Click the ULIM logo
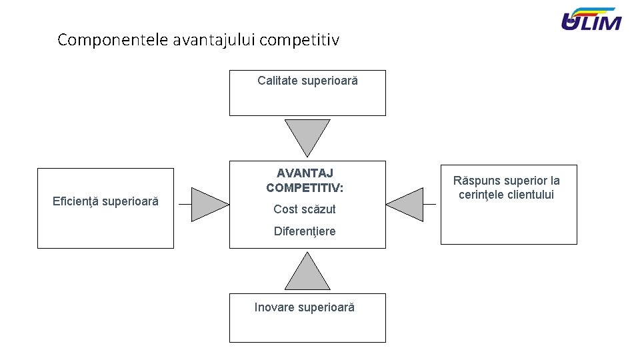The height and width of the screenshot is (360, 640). [x=591, y=20]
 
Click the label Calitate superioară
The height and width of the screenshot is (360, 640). [x=307, y=81]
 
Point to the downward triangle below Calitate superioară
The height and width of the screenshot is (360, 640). [x=307, y=135]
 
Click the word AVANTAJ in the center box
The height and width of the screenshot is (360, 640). [x=305, y=173]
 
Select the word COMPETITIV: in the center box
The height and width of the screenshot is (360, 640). [x=305, y=188]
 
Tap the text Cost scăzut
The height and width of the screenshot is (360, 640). [x=305, y=209]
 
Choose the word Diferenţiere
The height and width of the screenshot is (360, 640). [x=305, y=231]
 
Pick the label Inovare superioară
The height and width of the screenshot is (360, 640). [x=305, y=307]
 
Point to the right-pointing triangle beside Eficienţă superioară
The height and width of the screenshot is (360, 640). [x=207, y=204]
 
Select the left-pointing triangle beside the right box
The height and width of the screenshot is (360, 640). [x=407, y=204]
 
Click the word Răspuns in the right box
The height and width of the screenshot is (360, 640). [x=475, y=181]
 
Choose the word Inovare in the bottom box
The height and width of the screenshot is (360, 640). [x=274, y=307]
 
